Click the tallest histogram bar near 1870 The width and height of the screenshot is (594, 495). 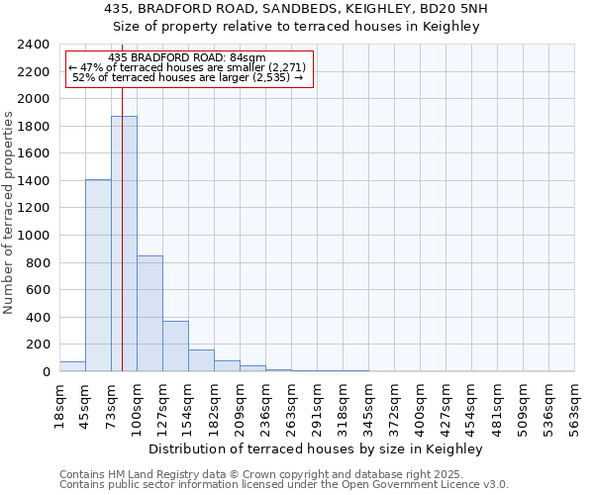[x=124, y=244]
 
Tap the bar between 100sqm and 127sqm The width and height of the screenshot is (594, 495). [x=149, y=313]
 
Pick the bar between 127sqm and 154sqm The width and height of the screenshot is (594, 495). [x=175, y=346]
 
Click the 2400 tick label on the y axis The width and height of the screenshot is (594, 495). [x=34, y=45]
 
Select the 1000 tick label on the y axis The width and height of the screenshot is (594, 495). [x=34, y=236]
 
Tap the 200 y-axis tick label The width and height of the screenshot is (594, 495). [x=38, y=345]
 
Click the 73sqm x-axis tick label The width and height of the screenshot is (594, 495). [x=112, y=404]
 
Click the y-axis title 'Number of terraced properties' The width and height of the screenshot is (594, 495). [x=9, y=213]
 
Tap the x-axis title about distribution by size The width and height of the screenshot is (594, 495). [x=317, y=448]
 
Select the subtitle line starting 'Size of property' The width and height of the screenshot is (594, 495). [x=296, y=27]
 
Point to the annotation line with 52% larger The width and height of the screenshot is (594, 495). [x=187, y=77]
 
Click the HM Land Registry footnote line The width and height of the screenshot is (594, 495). [x=261, y=474]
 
